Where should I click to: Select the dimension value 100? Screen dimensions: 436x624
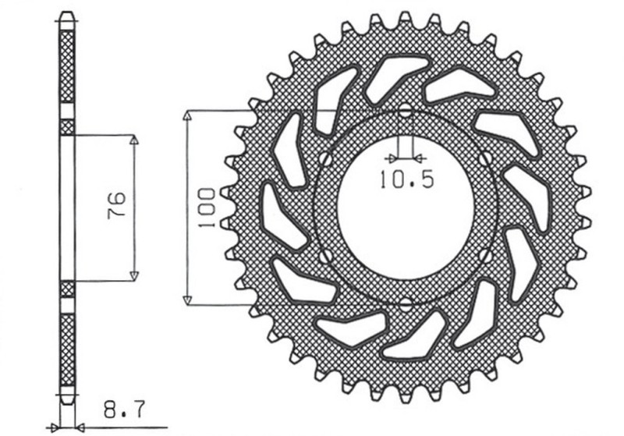tap(207, 207)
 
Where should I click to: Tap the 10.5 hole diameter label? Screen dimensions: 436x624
tap(406, 180)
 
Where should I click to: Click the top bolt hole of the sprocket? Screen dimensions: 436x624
tap(405, 112)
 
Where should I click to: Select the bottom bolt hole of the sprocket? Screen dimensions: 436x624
tap(405, 305)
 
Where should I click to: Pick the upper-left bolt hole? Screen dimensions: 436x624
tap(322, 159)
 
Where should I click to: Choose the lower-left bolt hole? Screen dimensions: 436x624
tap(322, 256)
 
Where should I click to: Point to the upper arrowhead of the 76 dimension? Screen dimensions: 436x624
tap(133, 141)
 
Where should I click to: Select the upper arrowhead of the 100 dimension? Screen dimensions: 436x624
tap(187, 115)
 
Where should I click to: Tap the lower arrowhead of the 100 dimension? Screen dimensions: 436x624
tap(187, 300)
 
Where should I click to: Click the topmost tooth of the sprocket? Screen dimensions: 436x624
tap(405, 18)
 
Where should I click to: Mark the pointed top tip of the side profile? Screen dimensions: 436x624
tap(68, 15)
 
